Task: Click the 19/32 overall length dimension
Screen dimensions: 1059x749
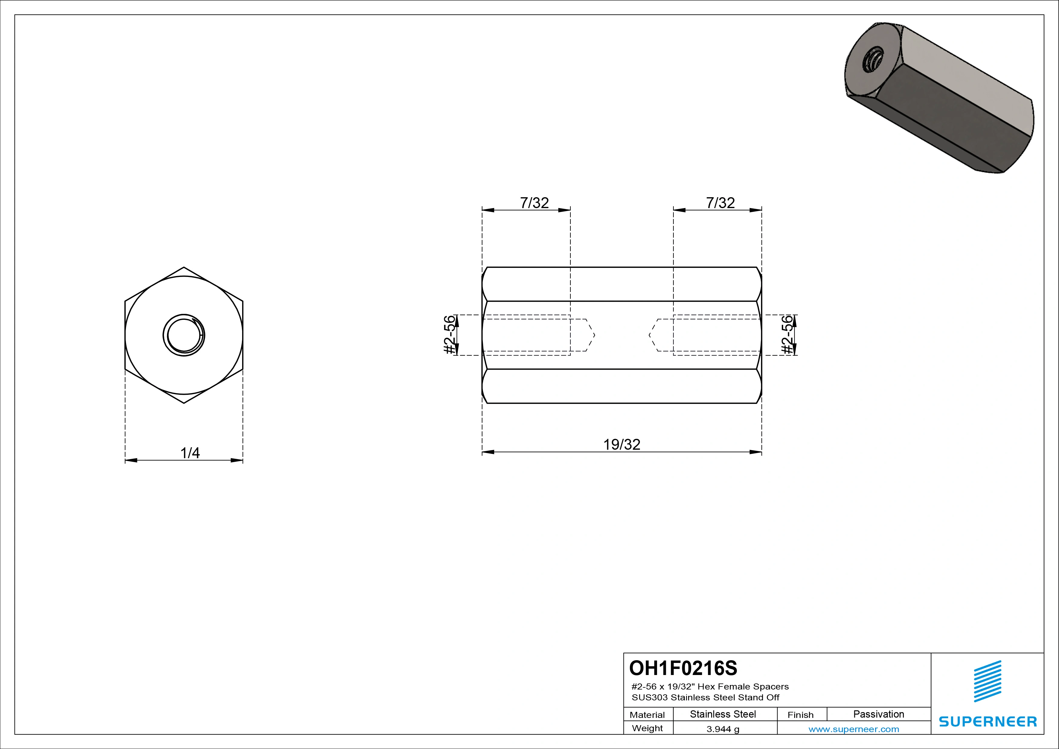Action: click(622, 445)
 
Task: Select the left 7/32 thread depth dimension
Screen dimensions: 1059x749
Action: click(534, 203)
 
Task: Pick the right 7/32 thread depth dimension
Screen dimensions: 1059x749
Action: click(720, 203)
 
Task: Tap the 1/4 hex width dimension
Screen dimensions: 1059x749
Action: click(190, 453)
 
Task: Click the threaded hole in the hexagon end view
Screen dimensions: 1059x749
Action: click(184, 335)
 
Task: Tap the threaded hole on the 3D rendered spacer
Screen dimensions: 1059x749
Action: click(873, 60)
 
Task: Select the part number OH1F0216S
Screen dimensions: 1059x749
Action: click(683, 668)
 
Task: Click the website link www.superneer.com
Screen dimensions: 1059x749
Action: click(854, 729)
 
